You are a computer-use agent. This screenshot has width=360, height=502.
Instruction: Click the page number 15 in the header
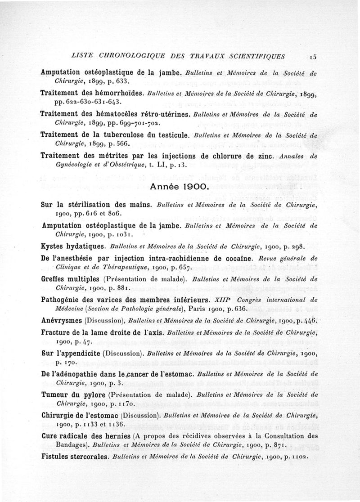(314, 57)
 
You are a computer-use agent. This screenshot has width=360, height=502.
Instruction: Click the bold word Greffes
(54, 278)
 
